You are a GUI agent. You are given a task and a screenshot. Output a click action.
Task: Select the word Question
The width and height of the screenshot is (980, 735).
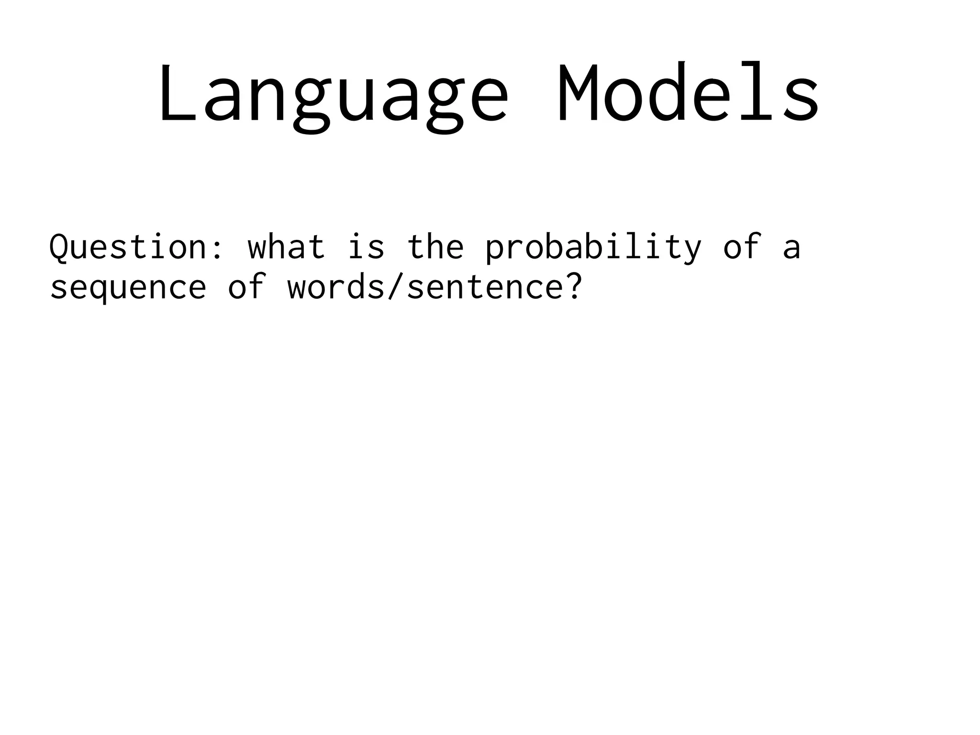point(127,247)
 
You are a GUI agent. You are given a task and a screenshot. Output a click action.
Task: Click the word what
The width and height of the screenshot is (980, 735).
point(286,247)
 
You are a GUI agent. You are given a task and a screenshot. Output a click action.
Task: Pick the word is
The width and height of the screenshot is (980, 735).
point(366,247)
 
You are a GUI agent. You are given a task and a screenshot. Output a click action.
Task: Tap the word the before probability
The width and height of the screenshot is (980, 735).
point(435,247)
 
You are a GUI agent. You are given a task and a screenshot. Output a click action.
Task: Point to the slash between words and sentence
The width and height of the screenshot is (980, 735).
point(395,287)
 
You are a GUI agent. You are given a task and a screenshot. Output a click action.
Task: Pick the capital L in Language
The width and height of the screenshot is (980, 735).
point(175,93)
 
